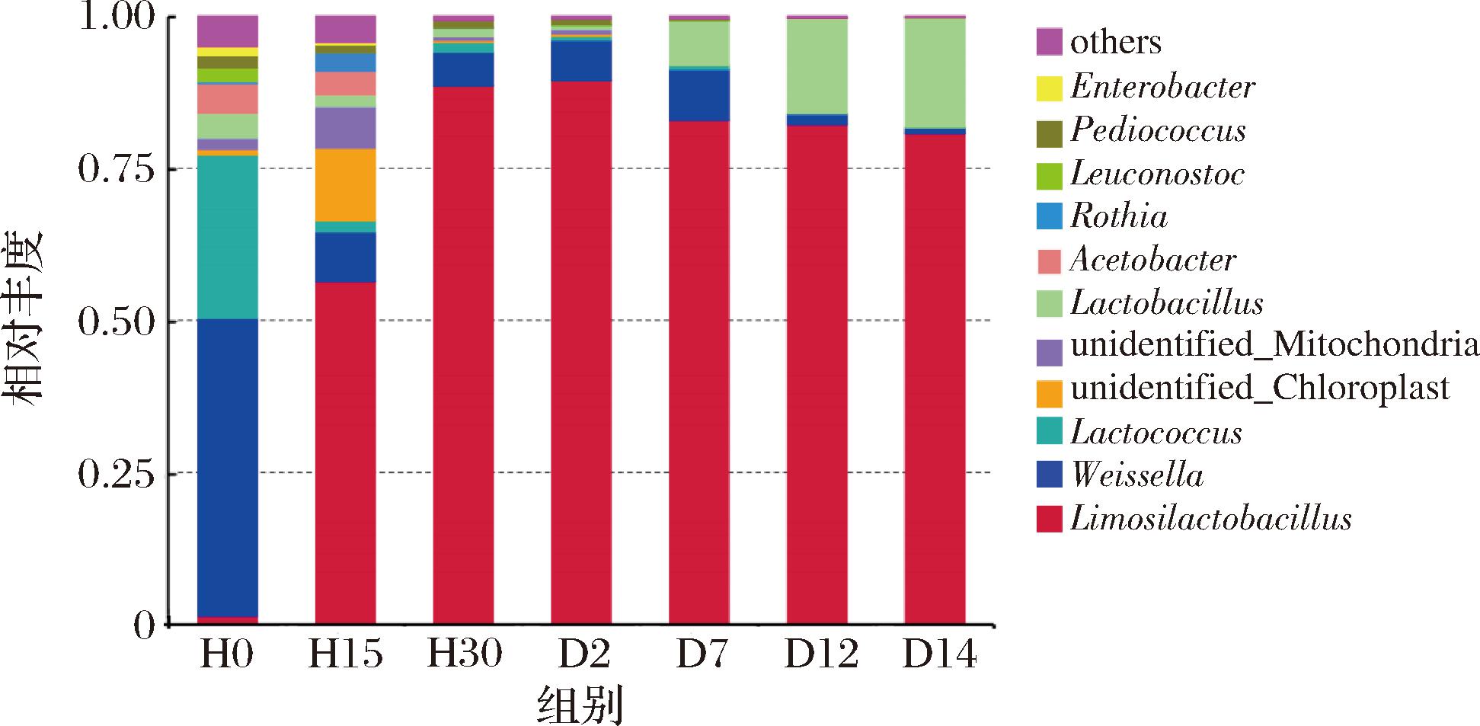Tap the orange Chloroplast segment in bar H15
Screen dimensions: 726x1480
tap(345, 184)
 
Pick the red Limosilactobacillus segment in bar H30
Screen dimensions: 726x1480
tap(463, 355)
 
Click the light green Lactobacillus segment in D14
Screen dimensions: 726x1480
tap(935, 72)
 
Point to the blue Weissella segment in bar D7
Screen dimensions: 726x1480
tap(699, 94)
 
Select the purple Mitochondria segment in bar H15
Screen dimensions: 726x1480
tap(345, 127)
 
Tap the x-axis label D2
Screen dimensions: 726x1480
tap(580, 654)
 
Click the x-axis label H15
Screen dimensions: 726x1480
tap(345, 654)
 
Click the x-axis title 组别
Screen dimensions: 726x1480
tap(580, 705)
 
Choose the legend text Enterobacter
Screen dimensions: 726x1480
tap(1162, 87)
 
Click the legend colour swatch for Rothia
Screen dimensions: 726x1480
tap(1049, 218)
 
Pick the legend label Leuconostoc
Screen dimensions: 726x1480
tap(1157, 174)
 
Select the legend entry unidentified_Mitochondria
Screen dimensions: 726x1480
tap(1274, 346)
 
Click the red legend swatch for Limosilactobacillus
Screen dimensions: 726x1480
tap(1049, 520)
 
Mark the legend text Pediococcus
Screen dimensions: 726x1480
tap(1158, 130)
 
